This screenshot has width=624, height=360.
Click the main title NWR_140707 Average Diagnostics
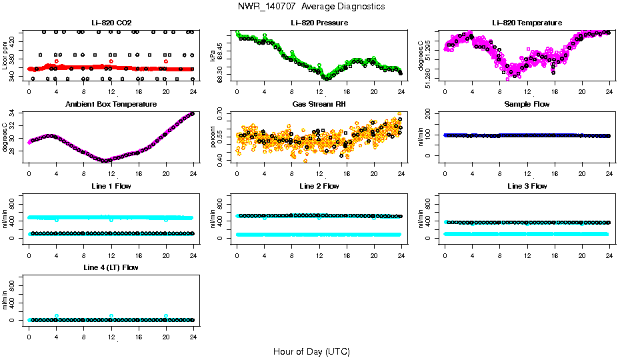click(311, 7)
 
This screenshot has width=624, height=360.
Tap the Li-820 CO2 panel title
click(111, 23)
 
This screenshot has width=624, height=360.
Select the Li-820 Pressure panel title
click(319, 23)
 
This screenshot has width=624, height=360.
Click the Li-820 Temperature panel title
click(527, 23)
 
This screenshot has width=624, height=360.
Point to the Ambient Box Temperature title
click(111, 105)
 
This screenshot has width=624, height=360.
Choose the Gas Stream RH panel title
click(319, 105)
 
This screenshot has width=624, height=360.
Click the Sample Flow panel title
click(527, 105)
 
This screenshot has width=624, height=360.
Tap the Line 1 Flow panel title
click(111, 186)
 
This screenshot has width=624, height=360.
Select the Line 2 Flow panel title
click(319, 186)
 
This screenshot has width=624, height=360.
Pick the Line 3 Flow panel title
click(527, 186)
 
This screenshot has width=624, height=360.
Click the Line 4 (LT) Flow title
click(111, 267)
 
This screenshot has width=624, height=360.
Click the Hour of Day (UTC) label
click(311, 351)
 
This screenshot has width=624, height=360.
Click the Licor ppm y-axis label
click(5, 56)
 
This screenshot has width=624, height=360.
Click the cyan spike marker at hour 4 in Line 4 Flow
click(57, 316)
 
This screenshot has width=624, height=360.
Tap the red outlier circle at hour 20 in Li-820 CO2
click(166, 61)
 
